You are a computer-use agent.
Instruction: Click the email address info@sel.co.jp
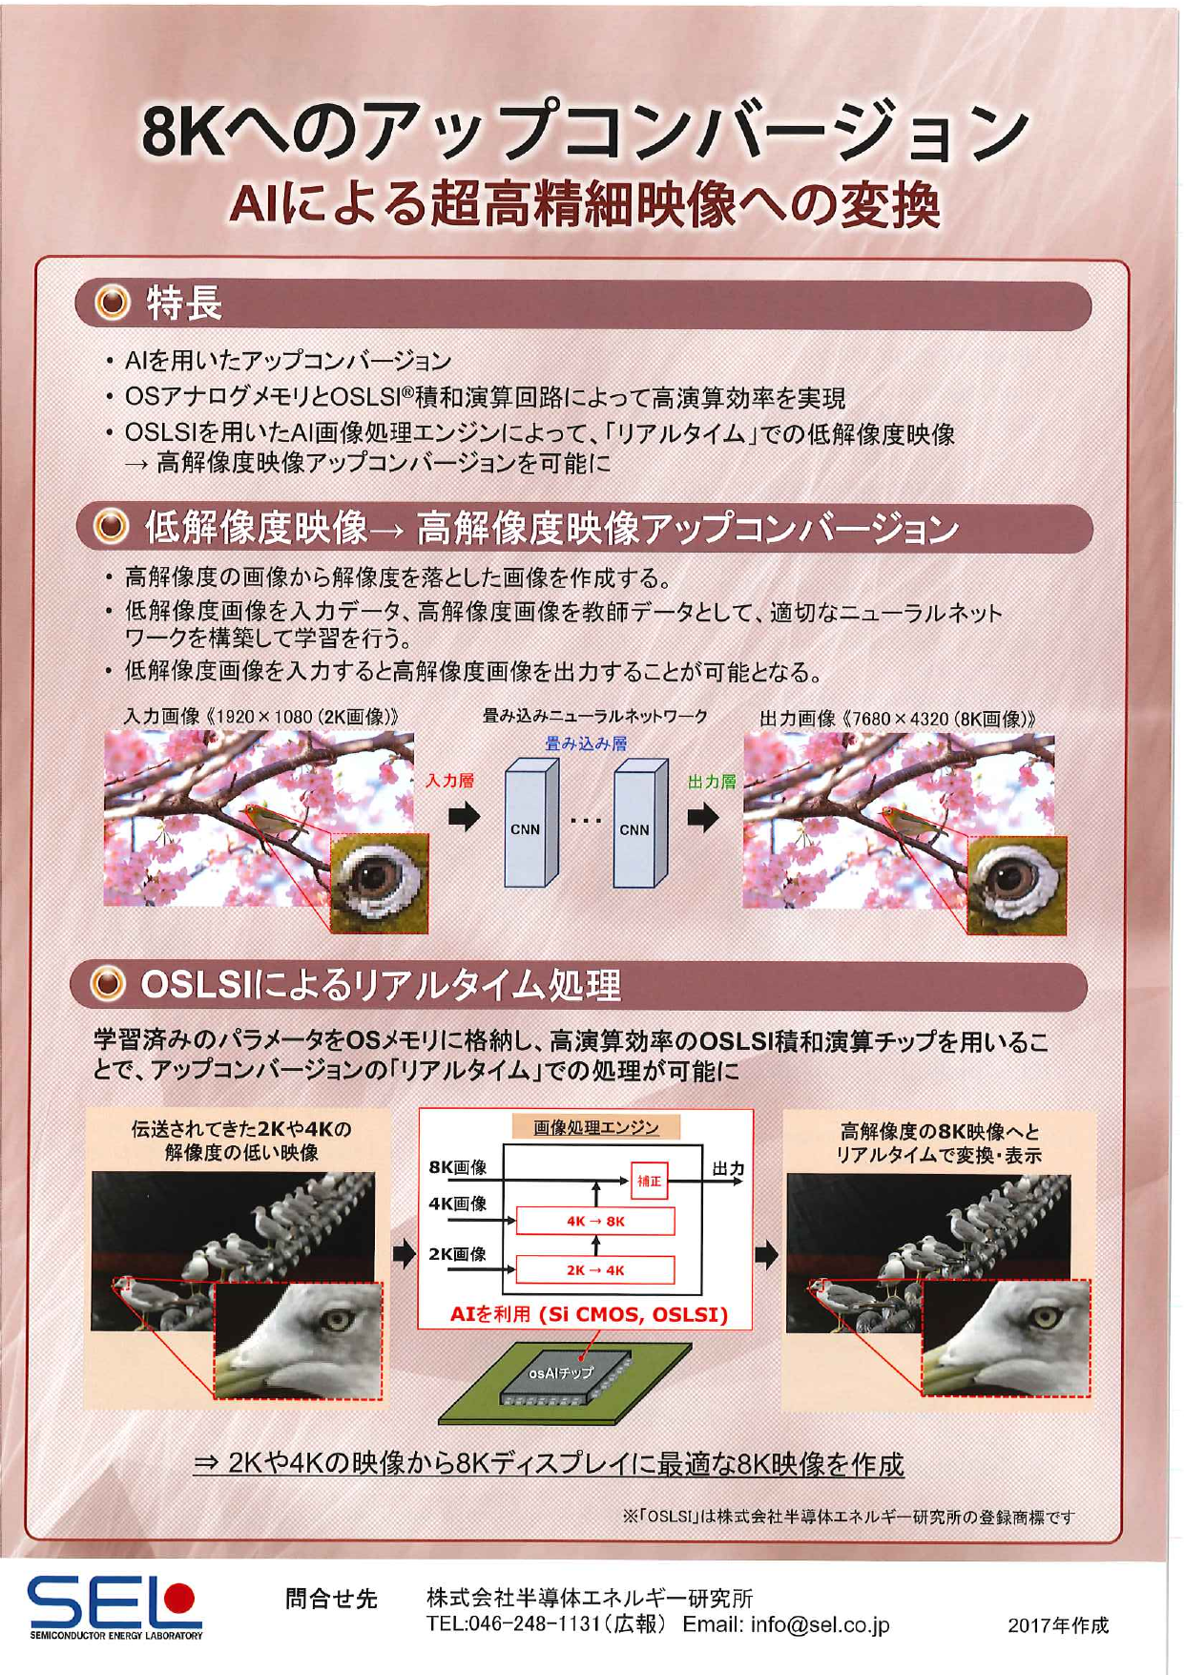point(820,1624)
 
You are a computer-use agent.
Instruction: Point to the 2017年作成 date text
point(1058,1625)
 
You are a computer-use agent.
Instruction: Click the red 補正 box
point(649,1181)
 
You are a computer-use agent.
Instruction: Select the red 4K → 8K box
point(595,1221)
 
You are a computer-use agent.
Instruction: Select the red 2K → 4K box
point(595,1270)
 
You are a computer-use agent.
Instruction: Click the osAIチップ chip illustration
point(565,1379)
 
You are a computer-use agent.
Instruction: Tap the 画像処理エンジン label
point(595,1127)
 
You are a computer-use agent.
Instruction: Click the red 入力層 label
point(449,780)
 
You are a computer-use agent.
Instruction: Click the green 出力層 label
point(712,782)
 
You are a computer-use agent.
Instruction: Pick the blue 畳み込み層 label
point(586,743)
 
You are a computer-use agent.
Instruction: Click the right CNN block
point(641,822)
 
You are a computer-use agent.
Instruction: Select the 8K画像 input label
point(457,1166)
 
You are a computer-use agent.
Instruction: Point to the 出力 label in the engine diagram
point(728,1167)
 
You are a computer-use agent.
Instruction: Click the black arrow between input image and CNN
point(465,817)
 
